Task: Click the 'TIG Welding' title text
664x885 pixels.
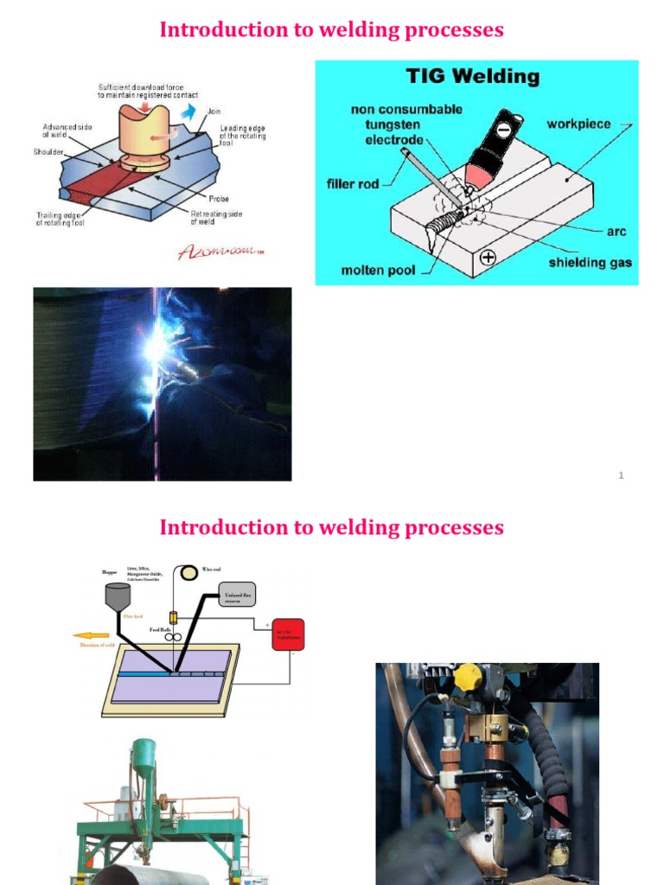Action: click(473, 77)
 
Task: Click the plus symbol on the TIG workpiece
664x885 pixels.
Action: click(488, 257)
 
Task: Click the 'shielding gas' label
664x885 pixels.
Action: click(591, 262)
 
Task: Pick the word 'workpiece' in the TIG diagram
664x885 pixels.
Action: click(578, 124)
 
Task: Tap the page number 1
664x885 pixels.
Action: click(621, 475)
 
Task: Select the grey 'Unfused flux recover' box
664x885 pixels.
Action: click(238, 595)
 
